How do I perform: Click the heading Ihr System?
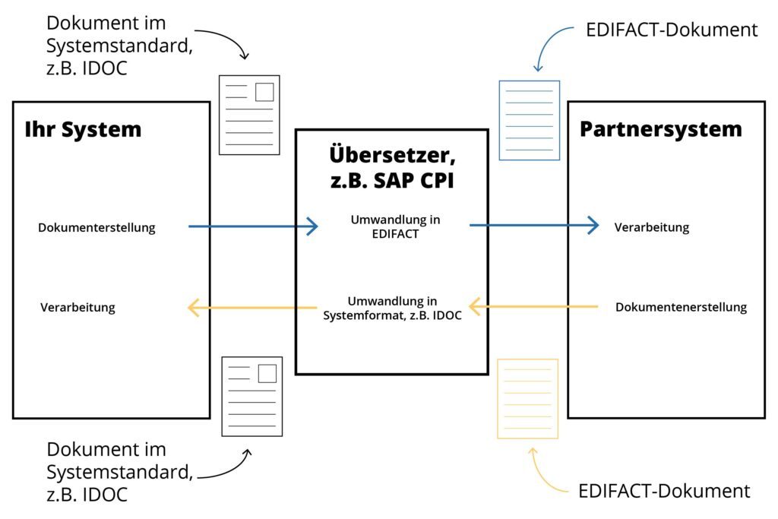coord(83,129)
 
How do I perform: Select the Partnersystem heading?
coord(660,128)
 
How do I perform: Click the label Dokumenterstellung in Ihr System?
coord(96,227)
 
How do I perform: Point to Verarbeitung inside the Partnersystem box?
coord(651,227)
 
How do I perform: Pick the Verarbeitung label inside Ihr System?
coord(77,308)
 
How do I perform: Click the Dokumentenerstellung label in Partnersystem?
coord(681,307)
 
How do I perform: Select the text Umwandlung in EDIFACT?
coord(395,226)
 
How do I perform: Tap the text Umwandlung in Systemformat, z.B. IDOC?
coord(392,308)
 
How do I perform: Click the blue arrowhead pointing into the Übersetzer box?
coord(312,226)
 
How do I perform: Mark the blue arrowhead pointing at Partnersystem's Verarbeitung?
coord(593,226)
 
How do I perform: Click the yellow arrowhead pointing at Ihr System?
coord(193,308)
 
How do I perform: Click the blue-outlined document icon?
coord(529,120)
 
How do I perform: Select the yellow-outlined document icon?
coord(527,399)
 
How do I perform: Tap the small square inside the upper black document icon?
coord(264,92)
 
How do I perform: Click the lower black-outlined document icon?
coord(251,397)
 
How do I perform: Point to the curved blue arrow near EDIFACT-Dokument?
coord(551,43)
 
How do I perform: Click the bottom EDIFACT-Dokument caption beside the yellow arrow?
coord(664,490)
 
